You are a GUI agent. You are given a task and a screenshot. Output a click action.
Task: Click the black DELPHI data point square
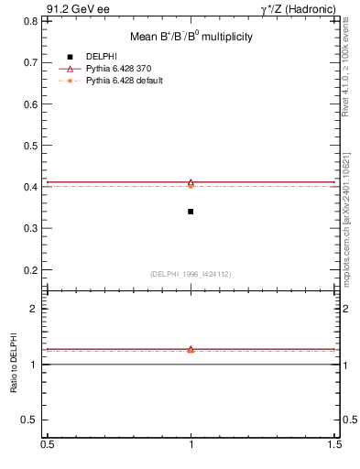[191, 212]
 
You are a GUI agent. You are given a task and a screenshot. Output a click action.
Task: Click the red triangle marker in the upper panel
[191, 182]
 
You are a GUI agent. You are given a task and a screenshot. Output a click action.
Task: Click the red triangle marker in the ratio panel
[191, 349]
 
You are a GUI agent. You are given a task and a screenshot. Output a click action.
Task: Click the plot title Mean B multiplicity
[191, 37]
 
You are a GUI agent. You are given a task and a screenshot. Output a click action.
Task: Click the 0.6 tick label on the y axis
[33, 104]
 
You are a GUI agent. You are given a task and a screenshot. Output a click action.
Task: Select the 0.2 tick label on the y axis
[33, 270]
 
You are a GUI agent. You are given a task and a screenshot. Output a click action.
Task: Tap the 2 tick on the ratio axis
[37, 309]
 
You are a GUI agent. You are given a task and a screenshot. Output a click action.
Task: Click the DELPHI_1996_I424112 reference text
[191, 274]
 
